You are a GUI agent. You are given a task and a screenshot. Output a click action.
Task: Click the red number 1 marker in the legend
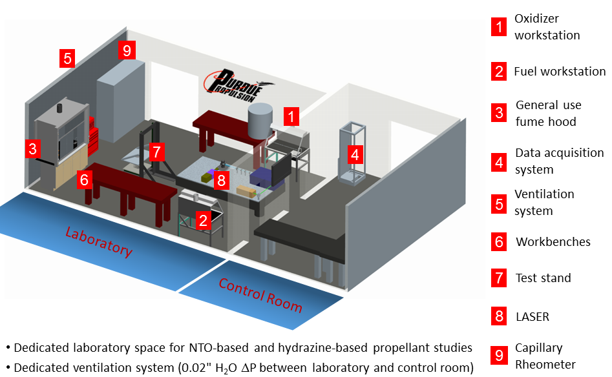pyautogui.click(x=498, y=27)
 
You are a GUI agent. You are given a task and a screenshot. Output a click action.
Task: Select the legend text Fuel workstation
pyautogui.click(x=560, y=72)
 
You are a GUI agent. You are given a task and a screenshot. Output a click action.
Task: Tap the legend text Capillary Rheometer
pyautogui.click(x=545, y=356)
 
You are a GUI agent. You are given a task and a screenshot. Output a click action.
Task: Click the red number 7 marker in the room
pyautogui.click(x=156, y=152)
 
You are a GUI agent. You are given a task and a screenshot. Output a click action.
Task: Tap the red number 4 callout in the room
pyautogui.click(x=353, y=155)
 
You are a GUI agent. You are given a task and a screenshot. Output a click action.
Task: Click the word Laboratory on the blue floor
pyautogui.click(x=100, y=241)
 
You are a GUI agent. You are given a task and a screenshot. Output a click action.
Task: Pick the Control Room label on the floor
pyautogui.click(x=260, y=294)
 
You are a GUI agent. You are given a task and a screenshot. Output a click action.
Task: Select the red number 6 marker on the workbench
pyautogui.click(x=85, y=180)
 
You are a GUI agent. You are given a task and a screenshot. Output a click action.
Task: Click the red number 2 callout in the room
pyautogui.click(x=204, y=221)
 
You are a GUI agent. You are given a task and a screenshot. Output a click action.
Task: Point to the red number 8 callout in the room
pyautogui.click(x=222, y=180)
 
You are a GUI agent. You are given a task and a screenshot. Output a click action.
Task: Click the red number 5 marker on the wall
pyautogui.click(x=67, y=58)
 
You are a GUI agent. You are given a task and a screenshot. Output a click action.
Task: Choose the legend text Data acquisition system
pyautogui.click(x=559, y=161)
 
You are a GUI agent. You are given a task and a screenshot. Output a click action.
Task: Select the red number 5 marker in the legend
pyautogui.click(x=498, y=203)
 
